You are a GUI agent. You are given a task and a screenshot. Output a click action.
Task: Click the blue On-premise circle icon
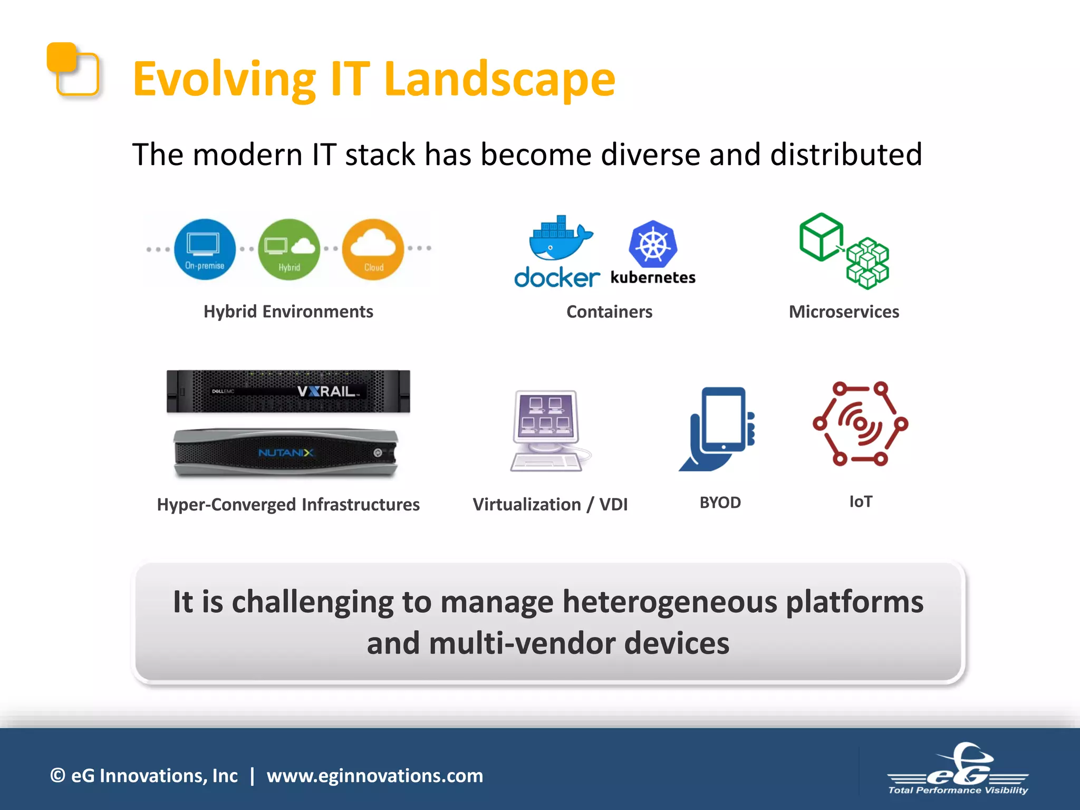(x=205, y=249)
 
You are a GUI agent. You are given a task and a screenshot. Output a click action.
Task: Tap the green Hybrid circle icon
(x=289, y=249)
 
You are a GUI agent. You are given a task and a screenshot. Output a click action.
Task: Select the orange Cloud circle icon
(x=373, y=249)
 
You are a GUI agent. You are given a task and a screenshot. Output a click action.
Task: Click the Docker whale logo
(x=560, y=239)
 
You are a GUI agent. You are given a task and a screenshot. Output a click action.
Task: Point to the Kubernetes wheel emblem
(x=653, y=244)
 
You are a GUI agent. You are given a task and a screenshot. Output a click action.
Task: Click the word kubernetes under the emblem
(x=653, y=277)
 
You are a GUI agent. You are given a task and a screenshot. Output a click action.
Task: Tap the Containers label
(x=609, y=312)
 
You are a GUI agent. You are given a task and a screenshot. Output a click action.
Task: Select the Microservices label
(x=844, y=312)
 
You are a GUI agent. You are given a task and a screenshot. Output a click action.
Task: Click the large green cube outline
(x=821, y=237)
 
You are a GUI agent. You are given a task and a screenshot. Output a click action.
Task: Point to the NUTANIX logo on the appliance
(x=286, y=452)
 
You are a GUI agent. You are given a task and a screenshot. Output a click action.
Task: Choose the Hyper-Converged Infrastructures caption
(x=288, y=505)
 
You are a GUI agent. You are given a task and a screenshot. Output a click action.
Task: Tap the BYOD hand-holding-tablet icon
(x=718, y=428)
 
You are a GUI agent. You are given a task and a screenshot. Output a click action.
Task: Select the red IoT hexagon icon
(x=860, y=423)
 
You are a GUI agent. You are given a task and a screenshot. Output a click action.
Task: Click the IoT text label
(x=860, y=502)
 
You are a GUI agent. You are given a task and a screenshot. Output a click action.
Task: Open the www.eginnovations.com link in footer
(x=374, y=776)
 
